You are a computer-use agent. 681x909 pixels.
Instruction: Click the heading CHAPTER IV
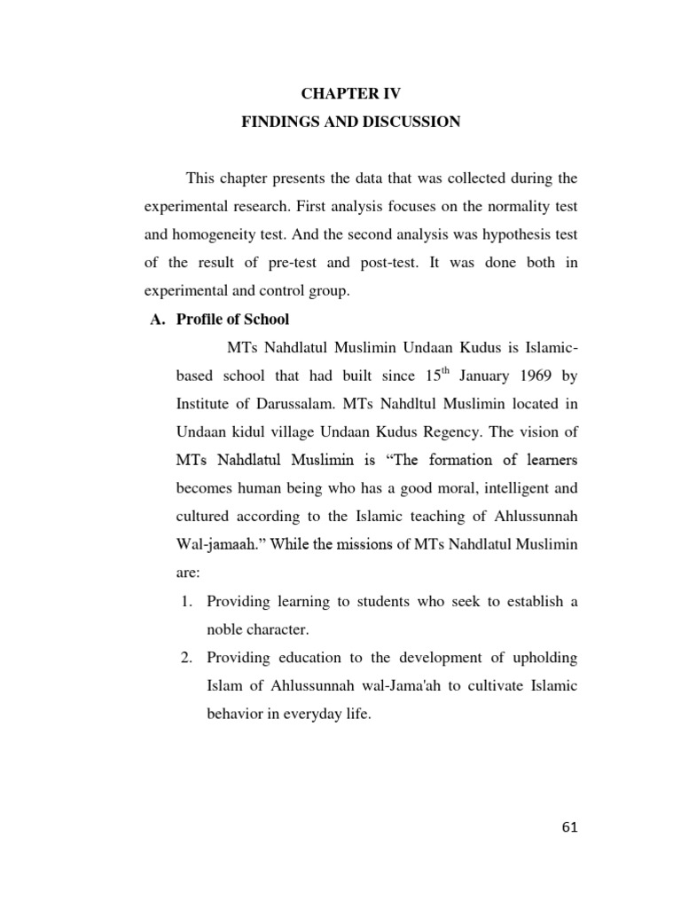tap(351, 93)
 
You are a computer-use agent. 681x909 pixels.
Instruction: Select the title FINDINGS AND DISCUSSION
tap(351, 122)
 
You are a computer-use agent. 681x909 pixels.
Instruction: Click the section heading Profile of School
tap(233, 319)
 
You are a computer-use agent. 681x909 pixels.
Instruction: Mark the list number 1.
tap(186, 601)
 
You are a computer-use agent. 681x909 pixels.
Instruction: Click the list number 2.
tap(186, 658)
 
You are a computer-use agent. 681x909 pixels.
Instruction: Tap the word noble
tap(225, 629)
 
